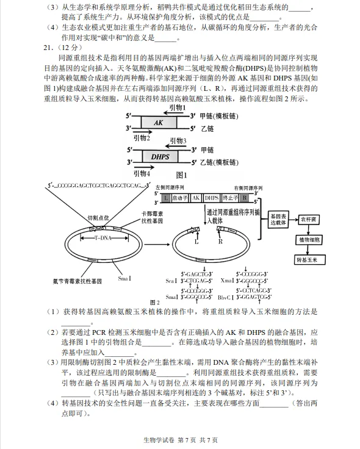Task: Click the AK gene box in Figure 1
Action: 159,123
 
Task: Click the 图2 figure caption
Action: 154,302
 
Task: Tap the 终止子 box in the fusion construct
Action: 230,198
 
